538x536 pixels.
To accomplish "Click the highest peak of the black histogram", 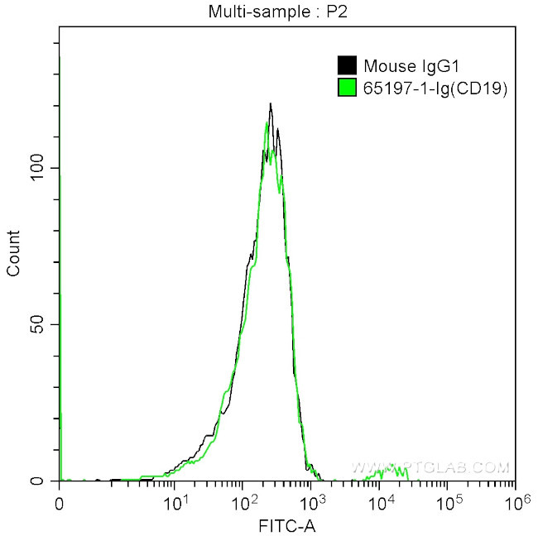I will (x=271, y=104).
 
